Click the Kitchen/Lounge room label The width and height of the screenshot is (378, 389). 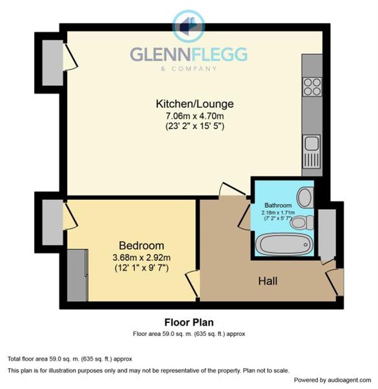[195, 104]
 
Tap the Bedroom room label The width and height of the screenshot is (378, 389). [141, 246]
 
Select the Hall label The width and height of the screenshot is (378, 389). [267, 281]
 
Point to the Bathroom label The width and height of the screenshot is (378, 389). [278, 205]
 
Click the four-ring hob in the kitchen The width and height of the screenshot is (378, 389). [312, 87]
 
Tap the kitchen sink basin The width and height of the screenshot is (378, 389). [312, 143]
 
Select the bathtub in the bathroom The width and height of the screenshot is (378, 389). [284, 245]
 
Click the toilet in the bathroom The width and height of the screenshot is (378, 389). [302, 223]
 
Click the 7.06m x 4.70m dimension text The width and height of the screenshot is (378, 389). [195, 116]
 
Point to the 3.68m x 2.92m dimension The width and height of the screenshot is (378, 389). [141, 258]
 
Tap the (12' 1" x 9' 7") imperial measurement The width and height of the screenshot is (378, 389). [141, 268]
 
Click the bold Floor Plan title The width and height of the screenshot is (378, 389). [189, 322]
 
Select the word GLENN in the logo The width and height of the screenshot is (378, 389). [160, 54]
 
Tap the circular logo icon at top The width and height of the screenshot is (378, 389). [189, 26]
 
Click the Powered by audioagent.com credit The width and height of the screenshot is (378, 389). [332, 380]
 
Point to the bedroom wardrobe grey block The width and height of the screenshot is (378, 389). [77, 276]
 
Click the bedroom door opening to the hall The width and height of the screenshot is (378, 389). [193, 283]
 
